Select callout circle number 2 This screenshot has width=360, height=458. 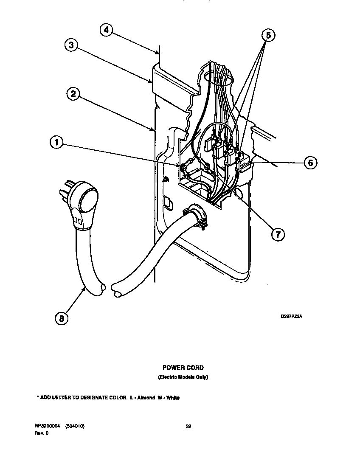click(73, 94)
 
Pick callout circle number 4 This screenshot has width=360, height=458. click(107, 30)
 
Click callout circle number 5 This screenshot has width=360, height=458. click(267, 36)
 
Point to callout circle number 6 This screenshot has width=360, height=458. click(310, 162)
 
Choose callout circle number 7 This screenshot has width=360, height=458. click(277, 233)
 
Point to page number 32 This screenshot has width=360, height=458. click(188, 427)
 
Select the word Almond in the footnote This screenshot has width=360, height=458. click(146, 398)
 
